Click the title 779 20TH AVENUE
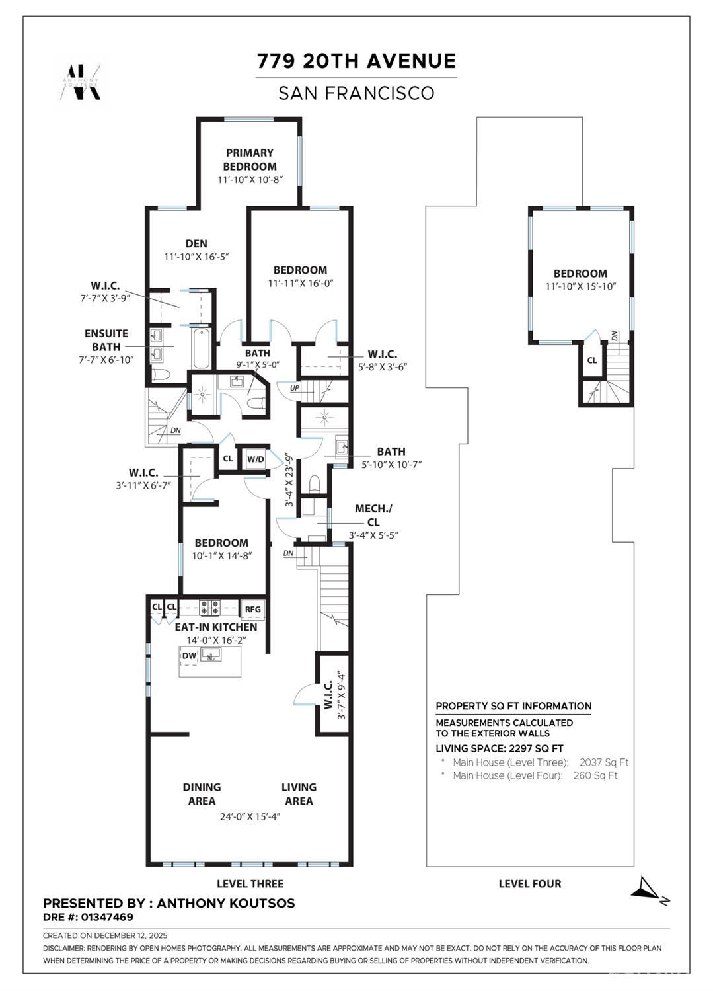(356, 61)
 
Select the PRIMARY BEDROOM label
(250, 159)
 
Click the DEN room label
(196, 243)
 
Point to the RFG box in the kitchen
(252, 610)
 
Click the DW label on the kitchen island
(189, 656)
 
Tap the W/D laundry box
(255, 459)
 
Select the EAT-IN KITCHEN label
(215, 627)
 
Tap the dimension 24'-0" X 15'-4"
(255, 816)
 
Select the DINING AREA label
(202, 793)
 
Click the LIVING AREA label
(299, 793)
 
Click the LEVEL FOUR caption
(529, 883)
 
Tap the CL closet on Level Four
(592, 360)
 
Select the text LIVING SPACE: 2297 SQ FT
(500, 748)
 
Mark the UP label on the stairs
(295, 388)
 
